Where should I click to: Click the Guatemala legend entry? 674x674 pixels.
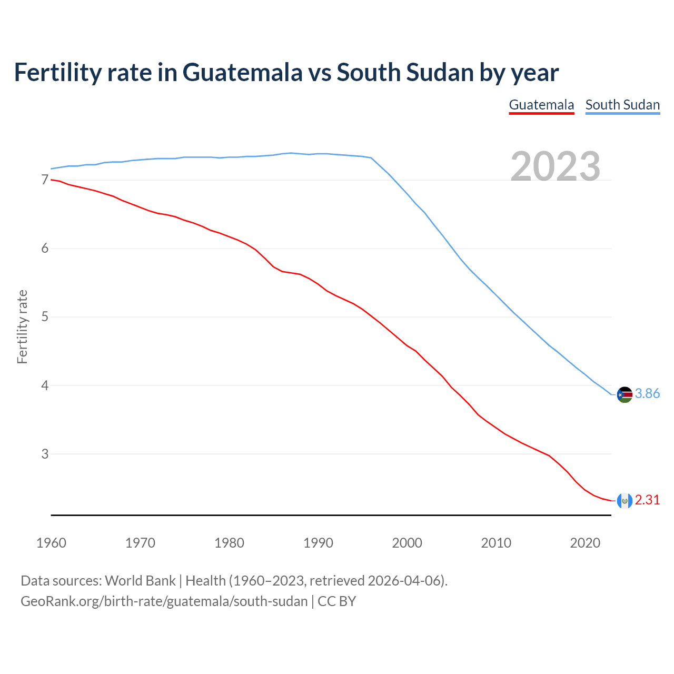click(541, 105)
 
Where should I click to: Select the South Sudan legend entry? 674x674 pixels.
click(622, 105)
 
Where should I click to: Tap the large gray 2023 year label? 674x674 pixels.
click(556, 166)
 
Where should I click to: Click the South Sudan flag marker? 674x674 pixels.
click(625, 394)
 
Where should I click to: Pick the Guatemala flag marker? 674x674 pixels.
click(625, 500)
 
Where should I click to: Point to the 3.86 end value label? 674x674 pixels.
click(647, 394)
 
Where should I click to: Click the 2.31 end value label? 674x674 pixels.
click(647, 500)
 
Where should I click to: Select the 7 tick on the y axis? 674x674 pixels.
click(45, 180)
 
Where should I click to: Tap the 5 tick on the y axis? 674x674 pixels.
click(45, 317)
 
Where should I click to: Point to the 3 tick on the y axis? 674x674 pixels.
click(45, 454)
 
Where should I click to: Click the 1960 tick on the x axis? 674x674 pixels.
click(51, 543)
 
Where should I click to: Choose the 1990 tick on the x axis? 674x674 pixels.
click(318, 543)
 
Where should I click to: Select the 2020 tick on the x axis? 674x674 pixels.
click(585, 543)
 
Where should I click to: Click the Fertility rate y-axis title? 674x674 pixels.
click(22, 326)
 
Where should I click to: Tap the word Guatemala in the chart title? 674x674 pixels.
click(243, 73)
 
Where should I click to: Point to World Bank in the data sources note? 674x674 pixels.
click(140, 581)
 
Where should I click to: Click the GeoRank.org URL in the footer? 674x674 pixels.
click(164, 601)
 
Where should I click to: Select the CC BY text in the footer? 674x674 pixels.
click(337, 601)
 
